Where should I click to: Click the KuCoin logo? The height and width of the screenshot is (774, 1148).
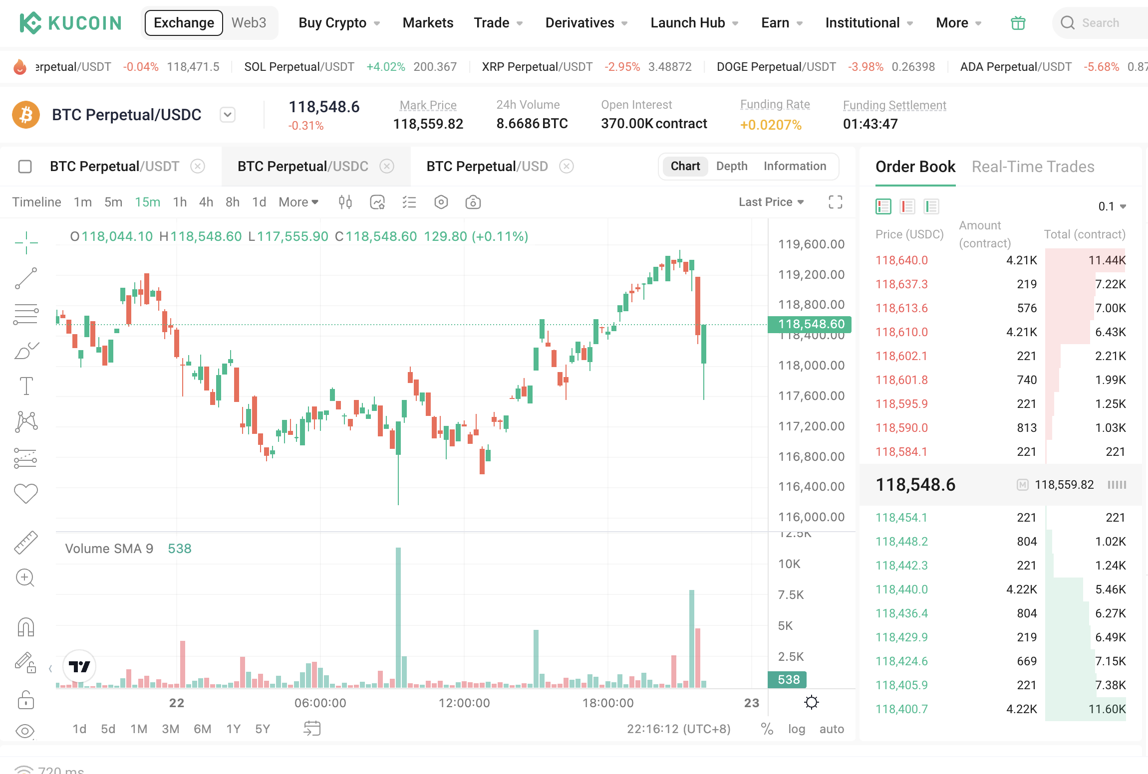pos(70,23)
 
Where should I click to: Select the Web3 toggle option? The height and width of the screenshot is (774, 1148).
pos(249,23)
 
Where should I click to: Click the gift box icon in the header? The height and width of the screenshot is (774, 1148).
pos(1018,23)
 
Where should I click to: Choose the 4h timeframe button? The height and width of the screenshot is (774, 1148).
pos(206,202)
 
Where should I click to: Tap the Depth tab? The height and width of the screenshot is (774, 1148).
pos(731,166)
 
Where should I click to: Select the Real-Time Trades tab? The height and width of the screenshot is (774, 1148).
pos(1033,167)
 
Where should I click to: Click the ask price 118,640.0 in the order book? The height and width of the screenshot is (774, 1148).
pos(901,260)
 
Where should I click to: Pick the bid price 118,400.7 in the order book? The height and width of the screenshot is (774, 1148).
pos(901,709)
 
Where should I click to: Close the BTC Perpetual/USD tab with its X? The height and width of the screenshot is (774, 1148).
pos(566,166)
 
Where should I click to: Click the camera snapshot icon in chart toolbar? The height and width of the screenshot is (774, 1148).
pos(473,202)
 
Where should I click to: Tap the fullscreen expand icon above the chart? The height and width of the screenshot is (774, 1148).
pos(835,202)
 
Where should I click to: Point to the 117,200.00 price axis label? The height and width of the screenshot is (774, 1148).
pos(811,426)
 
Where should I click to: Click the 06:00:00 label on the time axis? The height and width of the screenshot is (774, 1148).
pos(320,703)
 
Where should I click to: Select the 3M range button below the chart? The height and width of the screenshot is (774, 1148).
pos(170,729)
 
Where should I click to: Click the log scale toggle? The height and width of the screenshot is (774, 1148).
pos(796,729)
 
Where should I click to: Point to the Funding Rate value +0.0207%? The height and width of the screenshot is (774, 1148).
pos(771,125)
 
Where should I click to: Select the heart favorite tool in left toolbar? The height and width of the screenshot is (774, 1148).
pos(26,494)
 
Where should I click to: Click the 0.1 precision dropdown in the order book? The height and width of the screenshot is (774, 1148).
pos(1112,206)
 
